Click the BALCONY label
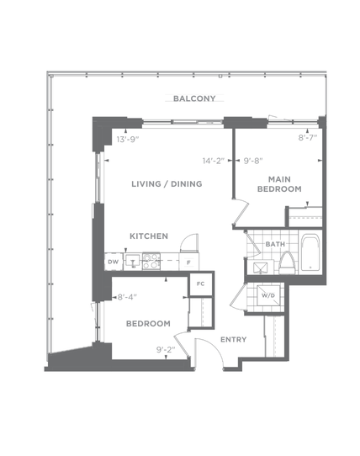194,98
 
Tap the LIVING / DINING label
167,183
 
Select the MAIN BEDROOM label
279,184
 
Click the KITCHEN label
149,236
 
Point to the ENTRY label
234,339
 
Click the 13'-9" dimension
128,140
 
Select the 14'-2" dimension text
214,161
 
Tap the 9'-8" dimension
253,161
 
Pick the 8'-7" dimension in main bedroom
308,137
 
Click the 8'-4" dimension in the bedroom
127,297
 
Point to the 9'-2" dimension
166,349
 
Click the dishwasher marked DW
114,262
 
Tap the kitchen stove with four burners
151,261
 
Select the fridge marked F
189,262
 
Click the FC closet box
201,284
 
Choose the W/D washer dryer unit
268,295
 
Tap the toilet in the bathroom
288,262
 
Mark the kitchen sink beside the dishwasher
133,261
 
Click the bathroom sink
260,268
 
